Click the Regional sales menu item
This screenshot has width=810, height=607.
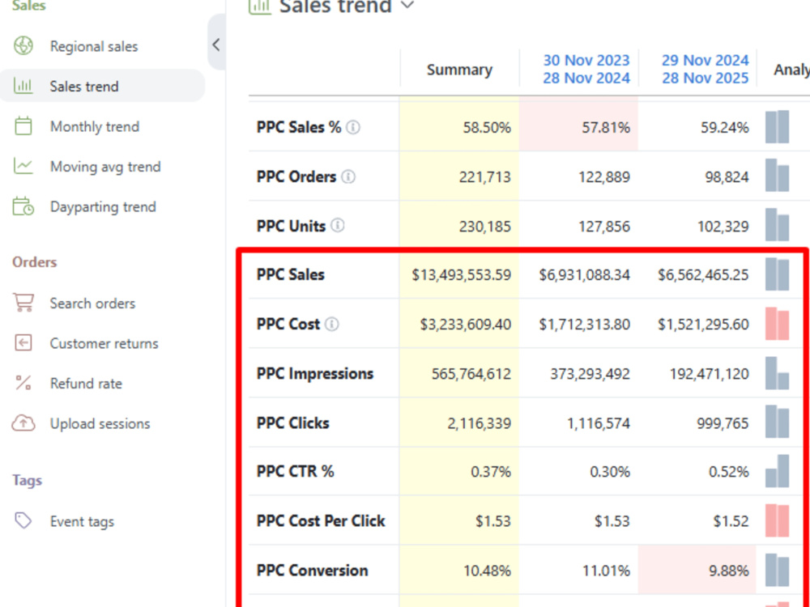click(93, 46)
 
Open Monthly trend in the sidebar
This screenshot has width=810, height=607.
click(95, 126)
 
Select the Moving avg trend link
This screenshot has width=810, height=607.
click(105, 167)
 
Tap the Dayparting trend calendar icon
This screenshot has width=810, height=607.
click(23, 206)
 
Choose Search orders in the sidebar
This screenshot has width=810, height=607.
click(92, 303)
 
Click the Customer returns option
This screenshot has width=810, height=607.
click(104, 343)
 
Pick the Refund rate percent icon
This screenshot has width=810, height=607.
click(23, 383)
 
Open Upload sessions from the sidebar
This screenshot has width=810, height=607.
click(100, 424)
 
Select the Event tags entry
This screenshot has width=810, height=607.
click(82, 521)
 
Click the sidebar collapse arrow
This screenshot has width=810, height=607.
click(216, 45)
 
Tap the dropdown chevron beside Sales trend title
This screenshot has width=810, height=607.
click(407, 6)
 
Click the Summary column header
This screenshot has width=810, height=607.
click(459, 70)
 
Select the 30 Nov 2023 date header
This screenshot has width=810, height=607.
click(586, 61)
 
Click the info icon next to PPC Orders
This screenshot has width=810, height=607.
click(348, 177)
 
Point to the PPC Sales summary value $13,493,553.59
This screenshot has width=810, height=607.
click(462, 274)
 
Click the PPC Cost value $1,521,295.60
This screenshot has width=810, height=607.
click(703, 325)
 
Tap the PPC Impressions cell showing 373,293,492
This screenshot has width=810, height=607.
click(590, 374)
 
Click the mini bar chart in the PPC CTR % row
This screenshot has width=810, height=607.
click(777, 471)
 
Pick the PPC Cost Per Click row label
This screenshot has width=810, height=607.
click(321, 521)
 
